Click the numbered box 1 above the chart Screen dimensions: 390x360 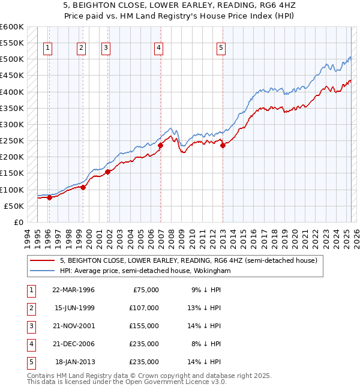pyautogui.click(x=47, y=49)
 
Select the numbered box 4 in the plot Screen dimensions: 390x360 pyautogui.click(x=158, y=49)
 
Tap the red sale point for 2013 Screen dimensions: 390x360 pyautogui.click(x=223, y=145)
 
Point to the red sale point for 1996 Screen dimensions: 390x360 pyautogui.click(x=50, y=197)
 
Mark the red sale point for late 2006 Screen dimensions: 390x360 pyautogui.click(x=160, y=145)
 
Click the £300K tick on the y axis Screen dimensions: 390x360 pyautogui.click(x=12, y=124)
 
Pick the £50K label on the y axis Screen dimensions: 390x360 pyautogui.click(x=14, y=206)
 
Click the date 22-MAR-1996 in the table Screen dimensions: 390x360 pyautogui.click(x=74, y=289)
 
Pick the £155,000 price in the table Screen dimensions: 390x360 pyautogui.click(x=144, y=326)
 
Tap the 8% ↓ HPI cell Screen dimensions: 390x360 pyautogui.click(x=206, y=344)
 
